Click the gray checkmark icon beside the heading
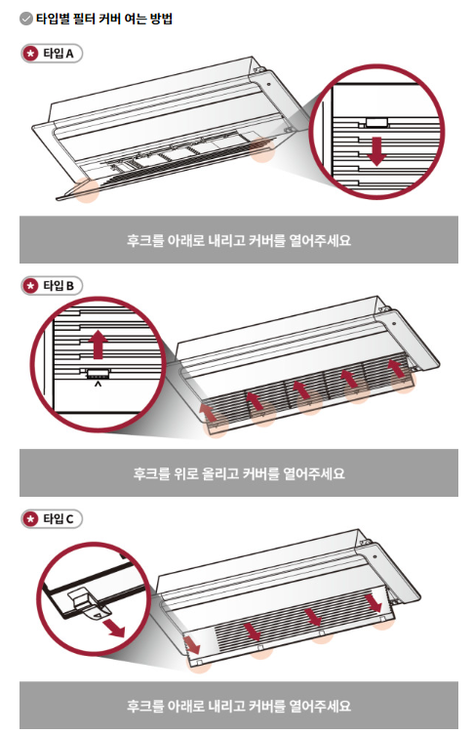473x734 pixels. (x=25, y=19)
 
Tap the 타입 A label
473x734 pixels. (x=59, y=54)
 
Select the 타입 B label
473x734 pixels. (x=59, y=286)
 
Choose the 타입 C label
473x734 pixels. (x=59, y=518)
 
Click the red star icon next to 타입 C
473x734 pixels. (x=31, y=519)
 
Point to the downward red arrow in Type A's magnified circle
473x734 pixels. (x=376, y=151)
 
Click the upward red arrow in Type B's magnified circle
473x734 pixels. (x=98, y=344)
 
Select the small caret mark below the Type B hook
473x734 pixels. (x=98, y=385)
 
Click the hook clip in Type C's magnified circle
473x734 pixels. (x=89, y=603)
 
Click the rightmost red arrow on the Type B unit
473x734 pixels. (x=397, y=368)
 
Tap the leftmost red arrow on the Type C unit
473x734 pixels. (x=192, y=644)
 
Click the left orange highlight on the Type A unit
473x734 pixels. (x=87, y=190)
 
